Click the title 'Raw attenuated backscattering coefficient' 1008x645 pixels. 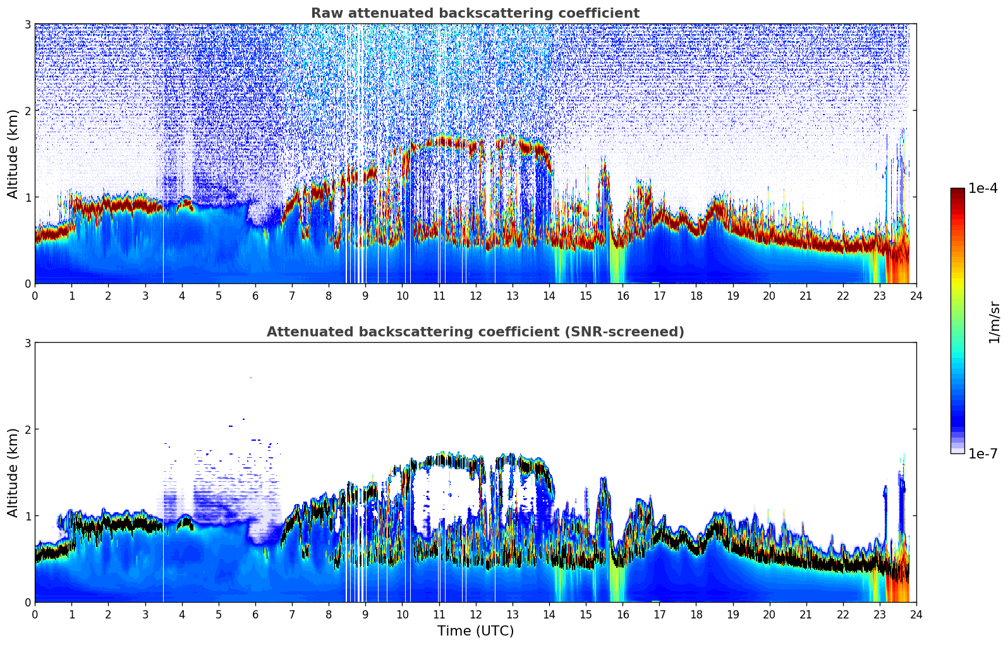(475, 13)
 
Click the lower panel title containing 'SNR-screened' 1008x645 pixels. (475, 332)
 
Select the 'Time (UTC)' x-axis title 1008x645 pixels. (475, 630)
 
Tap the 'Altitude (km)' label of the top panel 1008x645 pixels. (13, 154)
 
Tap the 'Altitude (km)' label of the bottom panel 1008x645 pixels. (13, 472)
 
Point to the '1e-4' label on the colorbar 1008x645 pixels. (983, 188)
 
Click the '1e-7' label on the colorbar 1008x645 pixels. (983, 453)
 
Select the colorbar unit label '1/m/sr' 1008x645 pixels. (994, 322)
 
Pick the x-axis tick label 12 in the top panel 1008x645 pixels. (475, 295)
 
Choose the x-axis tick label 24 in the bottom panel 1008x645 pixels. (916, 614)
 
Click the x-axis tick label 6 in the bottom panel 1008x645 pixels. (255, 614)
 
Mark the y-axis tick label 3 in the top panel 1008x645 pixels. (27, 24)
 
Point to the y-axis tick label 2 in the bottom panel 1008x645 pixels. (27, 429)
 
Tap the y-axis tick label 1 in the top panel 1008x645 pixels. (27, 197)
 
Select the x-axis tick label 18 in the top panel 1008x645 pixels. (696, 295)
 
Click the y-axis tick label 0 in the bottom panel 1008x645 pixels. (27, 602)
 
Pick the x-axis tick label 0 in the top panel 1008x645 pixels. (35, 295)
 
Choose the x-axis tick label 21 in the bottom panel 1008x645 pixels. (806, 614)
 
